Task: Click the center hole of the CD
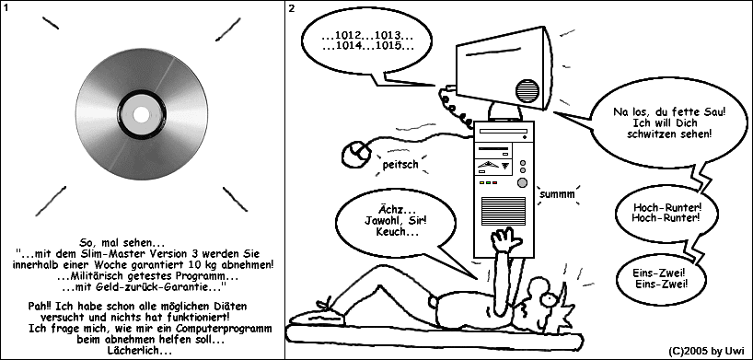pos(141,114)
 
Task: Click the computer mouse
pos(356,154)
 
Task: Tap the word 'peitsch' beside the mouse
pos(400,165)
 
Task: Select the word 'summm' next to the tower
pos(557,194)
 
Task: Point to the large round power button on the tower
pos(522,182)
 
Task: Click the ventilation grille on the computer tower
pos(503,212)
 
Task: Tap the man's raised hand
pos(504,239)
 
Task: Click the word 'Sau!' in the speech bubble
pos(714,111)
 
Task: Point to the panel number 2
pos(292,8)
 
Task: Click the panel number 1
pos(6,8)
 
